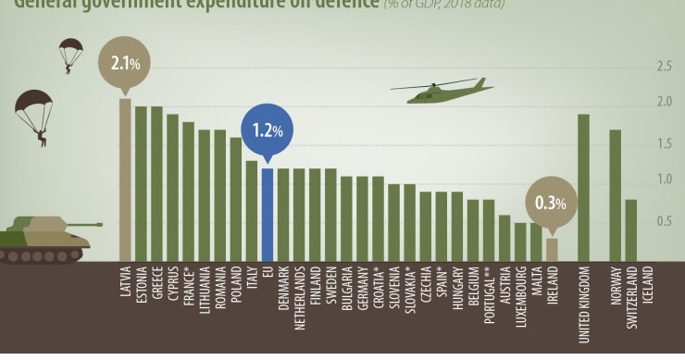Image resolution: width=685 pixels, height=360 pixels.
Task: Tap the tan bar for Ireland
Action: [552, 250]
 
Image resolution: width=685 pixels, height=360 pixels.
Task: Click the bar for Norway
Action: [616, 195]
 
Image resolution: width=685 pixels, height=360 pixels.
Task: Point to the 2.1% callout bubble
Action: [124, 64]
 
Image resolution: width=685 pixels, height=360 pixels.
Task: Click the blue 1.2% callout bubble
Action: [267, 130]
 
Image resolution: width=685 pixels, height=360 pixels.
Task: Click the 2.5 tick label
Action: [664, 67]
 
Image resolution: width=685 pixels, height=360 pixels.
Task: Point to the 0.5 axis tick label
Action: [664, 221]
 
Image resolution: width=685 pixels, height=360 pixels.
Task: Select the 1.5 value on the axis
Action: [664, 143]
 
